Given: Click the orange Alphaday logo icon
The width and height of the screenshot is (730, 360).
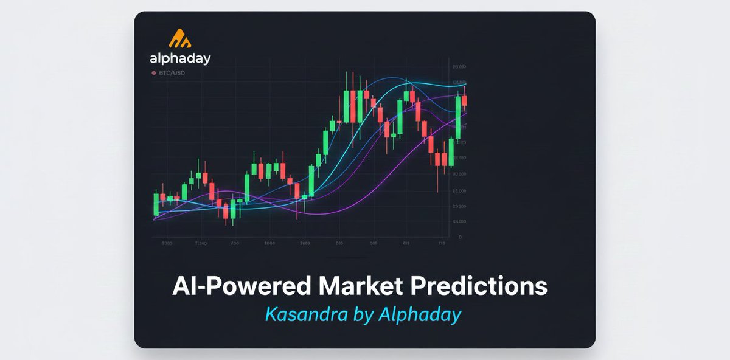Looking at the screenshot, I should coord(179,38).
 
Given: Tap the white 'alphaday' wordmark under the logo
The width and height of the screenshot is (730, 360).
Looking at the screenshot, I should coord(180,59).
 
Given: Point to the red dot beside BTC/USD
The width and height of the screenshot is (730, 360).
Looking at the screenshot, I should coord(154,73).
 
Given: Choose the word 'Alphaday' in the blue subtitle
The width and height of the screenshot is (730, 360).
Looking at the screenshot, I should coord(419,314).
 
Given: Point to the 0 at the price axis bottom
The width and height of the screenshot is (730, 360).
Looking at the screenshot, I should coord(460,237).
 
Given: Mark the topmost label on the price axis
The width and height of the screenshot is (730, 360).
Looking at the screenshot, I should coord(459,67).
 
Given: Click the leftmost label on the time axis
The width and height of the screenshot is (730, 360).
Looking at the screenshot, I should coord(167,243).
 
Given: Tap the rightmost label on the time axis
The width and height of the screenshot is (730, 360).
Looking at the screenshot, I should coord(442,243).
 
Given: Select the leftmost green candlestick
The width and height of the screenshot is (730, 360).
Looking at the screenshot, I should coord(156,204).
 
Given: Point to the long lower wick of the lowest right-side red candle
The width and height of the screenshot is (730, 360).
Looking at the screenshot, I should coord(437,179).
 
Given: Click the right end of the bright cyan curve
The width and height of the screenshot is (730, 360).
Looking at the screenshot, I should coord(466,84).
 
